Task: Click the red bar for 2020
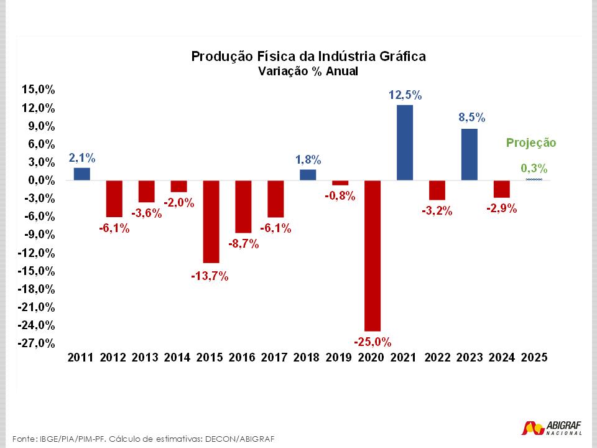tap(373, 255)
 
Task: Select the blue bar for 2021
tap(405, 142)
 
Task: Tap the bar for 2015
tap(211, 222)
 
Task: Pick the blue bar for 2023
tap(470, 154)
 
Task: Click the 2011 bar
tap(81, 174)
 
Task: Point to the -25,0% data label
tap(373, 342)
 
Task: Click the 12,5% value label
tap(405, 95)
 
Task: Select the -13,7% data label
tap(210, 276)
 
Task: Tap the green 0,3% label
tap(534, 168)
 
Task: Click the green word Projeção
tap(530, 142)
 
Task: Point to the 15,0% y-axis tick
tap(39, 90)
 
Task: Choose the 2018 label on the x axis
tap(307, 358)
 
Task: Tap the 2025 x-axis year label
tap(534, 358)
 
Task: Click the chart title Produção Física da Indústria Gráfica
tap(308, 57)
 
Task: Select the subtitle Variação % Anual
tap(308, 72)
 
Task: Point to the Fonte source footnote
tap(143, 437)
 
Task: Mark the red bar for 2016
tap(243, 207)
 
